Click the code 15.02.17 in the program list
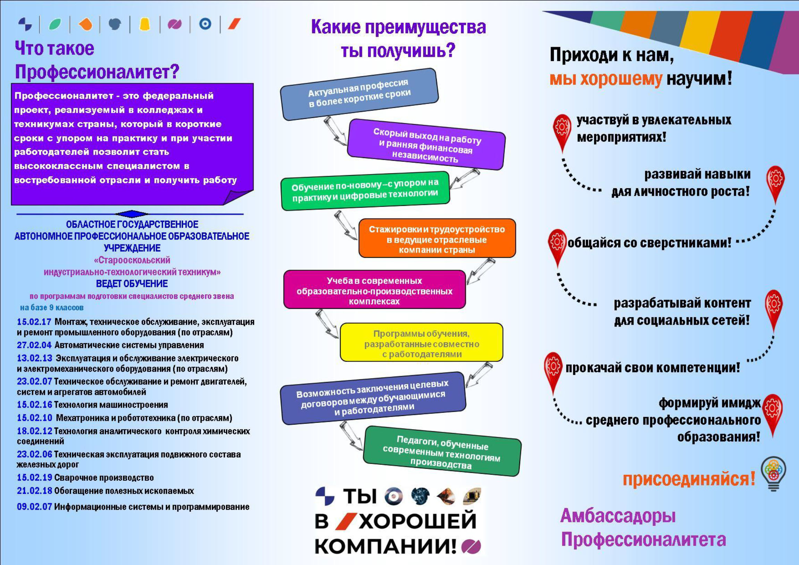point(34,322)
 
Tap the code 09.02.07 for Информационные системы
point(34,506)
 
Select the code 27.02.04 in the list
point(34,345)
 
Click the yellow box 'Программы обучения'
point(421,342)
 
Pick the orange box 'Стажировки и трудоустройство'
point(437,238)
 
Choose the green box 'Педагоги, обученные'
point(442,451)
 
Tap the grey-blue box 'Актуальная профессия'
point(359,94)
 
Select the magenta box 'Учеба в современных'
point(374,289)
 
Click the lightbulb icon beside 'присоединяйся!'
point(773,474)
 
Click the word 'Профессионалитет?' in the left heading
point(97,72)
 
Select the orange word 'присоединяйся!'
point(689,479)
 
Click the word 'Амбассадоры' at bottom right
point(618,515)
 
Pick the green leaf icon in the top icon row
point(55,24)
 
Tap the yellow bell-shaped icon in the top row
point(144,24)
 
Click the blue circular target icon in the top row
point(205,24)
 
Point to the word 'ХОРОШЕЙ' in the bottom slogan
point(417,521)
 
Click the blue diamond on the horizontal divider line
point(131,214)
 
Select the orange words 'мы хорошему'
point(606,79)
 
